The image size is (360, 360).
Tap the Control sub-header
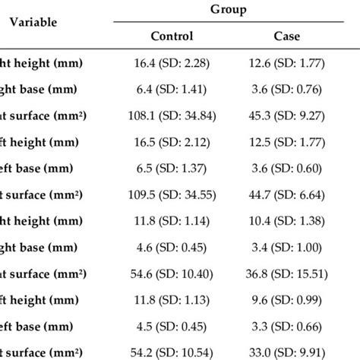pos(172,36)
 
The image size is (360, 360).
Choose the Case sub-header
pos(286,36)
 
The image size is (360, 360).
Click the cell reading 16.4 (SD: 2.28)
pos(172,63)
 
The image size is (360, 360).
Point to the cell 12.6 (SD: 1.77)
pos(286,63)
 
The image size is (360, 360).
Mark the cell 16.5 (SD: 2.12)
pos(172,142)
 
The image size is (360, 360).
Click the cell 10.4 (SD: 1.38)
pos(286,221)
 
